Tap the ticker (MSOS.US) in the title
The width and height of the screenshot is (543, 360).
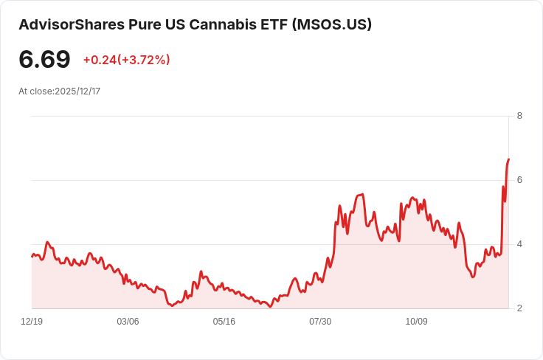(332, 24)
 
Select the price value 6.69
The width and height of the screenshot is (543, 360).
(44, 60)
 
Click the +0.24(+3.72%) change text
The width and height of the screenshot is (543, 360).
(126, 60)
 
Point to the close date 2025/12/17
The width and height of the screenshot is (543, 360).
(77, 91)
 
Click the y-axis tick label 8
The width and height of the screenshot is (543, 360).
(519, 116)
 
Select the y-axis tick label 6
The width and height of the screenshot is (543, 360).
(519, 180)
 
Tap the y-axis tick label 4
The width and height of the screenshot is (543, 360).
(519, 244)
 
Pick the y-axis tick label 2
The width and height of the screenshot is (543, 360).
(519, 308)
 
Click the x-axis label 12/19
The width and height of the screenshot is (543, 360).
(32, 322)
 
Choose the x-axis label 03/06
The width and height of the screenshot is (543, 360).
(128, 322)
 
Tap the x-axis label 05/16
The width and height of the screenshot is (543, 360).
(224, 322)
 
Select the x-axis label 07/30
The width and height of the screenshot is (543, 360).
(320, 322)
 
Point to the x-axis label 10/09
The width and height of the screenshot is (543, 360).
(417, 322)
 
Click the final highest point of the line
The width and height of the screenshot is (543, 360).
(508, 159)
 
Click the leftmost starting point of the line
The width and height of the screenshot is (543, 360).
(32, 256)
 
